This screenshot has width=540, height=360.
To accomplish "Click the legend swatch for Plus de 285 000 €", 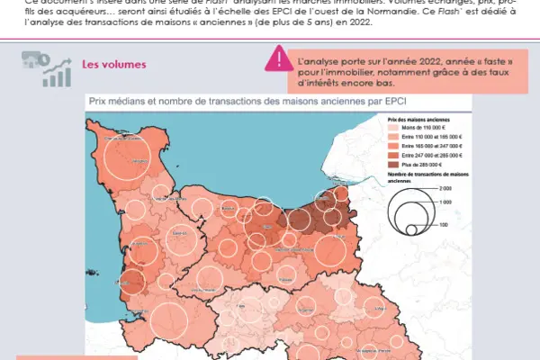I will click(x=392, y=165).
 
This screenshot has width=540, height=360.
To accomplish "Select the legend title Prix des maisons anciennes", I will click(x=419, y=119).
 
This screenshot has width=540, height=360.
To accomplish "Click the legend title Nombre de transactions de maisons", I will click(x=425, y=174).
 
